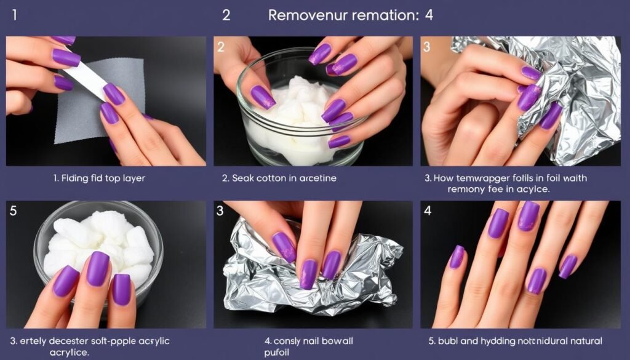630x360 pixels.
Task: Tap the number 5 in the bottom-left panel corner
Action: [14, 210]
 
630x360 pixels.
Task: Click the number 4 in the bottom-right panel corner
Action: [429, 210]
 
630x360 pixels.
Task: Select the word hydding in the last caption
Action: [501, 341]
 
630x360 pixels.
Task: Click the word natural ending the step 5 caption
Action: [584, 341]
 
